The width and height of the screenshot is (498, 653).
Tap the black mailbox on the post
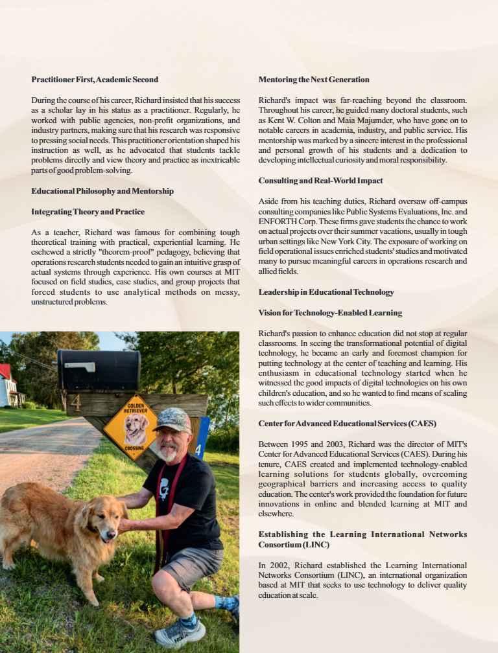[x=99, y=369]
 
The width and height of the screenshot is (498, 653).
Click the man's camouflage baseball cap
[x=172, y=420]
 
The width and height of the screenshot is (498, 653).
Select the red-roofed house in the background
[x=7, y=386]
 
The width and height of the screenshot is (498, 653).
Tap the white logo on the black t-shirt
[x=165, y=486]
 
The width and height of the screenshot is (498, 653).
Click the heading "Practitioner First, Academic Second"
[x=95, y=80]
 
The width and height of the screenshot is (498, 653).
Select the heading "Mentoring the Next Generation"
[x=314, y=80]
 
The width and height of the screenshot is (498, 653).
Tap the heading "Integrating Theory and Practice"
[x=88, y=212]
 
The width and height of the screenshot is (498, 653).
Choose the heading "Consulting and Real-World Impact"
[x=320, y=181]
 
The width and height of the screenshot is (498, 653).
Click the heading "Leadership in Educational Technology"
[x=326, y=292]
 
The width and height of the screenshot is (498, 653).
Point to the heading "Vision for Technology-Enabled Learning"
[x=330, y=313]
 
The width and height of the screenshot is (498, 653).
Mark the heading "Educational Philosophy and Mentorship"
[x=102, y=191]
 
